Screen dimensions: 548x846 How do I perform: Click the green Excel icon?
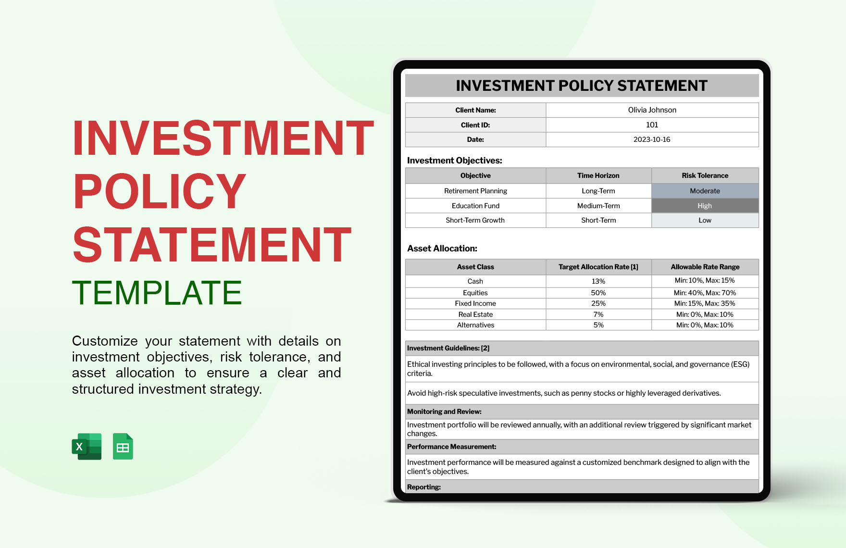pyautogui.click(x=87, y=447)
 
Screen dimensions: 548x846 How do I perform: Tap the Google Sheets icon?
pyautogui.click(x=123, y=447)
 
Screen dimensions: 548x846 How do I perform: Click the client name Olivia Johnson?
pyautogui.click(x=652, y=110)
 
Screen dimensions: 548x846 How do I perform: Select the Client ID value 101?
pyautogui.click(x=652, y=125)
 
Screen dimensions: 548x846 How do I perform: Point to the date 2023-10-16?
pyautogui.click(x=652, y=139)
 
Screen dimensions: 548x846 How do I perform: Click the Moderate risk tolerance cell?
pyautogui.click(x=705, y=191)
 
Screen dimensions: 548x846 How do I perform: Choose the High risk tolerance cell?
pyautogui.click(x=705, y=206)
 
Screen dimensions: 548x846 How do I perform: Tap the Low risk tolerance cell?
pyautogui.click(x=705, y=220)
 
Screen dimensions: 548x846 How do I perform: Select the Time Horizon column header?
pyautogui.click(x=598, y=175)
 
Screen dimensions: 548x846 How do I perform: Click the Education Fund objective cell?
pyautogui.click(x=475, y=206)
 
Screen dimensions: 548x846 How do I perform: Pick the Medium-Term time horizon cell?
pyautogui.click(x=598, y=206)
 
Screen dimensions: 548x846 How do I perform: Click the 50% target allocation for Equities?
pyautogui.click(x=598, y=293)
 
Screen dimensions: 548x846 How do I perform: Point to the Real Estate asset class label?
pyautogui.click(x=475, y=314)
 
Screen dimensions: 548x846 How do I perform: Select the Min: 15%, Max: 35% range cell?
pyautogui.click(x=705, y=303)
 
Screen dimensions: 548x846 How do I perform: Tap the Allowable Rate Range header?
pyautogui.click(x=705, y=267)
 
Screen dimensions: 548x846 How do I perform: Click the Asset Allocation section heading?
pyautogui.click(x=442, y=249)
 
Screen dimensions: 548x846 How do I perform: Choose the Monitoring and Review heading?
pyautogui.click(x=444, y=411)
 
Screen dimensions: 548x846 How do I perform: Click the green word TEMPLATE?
pyautogui.click(x=157, y=293)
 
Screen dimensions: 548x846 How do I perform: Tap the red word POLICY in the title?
pyautogui.click(x=159, y=191)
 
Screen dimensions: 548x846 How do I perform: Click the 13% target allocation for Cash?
pyautogui.click(x=598, y=281)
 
